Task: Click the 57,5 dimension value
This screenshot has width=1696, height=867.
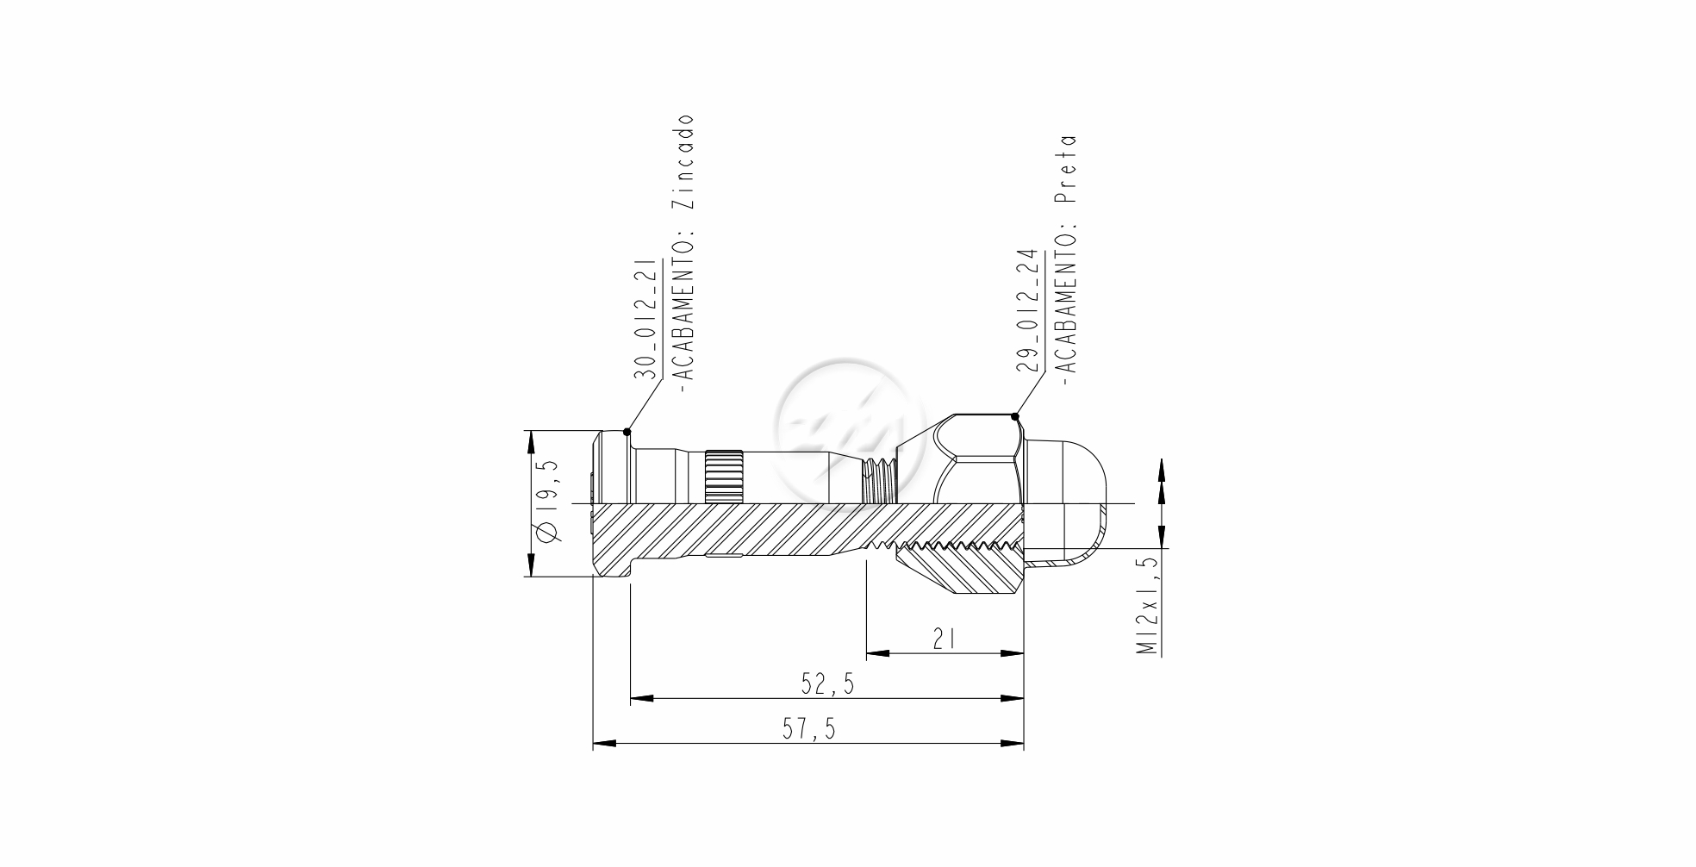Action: pyautogui.click(x=808, y=729)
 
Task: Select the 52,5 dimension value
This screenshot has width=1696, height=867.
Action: pyautogui.click(x=827, y=684)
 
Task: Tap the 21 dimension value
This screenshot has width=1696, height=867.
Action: pyautogui.click(x=945, y=639)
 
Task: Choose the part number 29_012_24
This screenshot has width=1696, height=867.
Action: pyautogui.click(x=1027, y=311)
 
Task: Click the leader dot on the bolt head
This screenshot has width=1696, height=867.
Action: pyautogui.click(x=627, y=432)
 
